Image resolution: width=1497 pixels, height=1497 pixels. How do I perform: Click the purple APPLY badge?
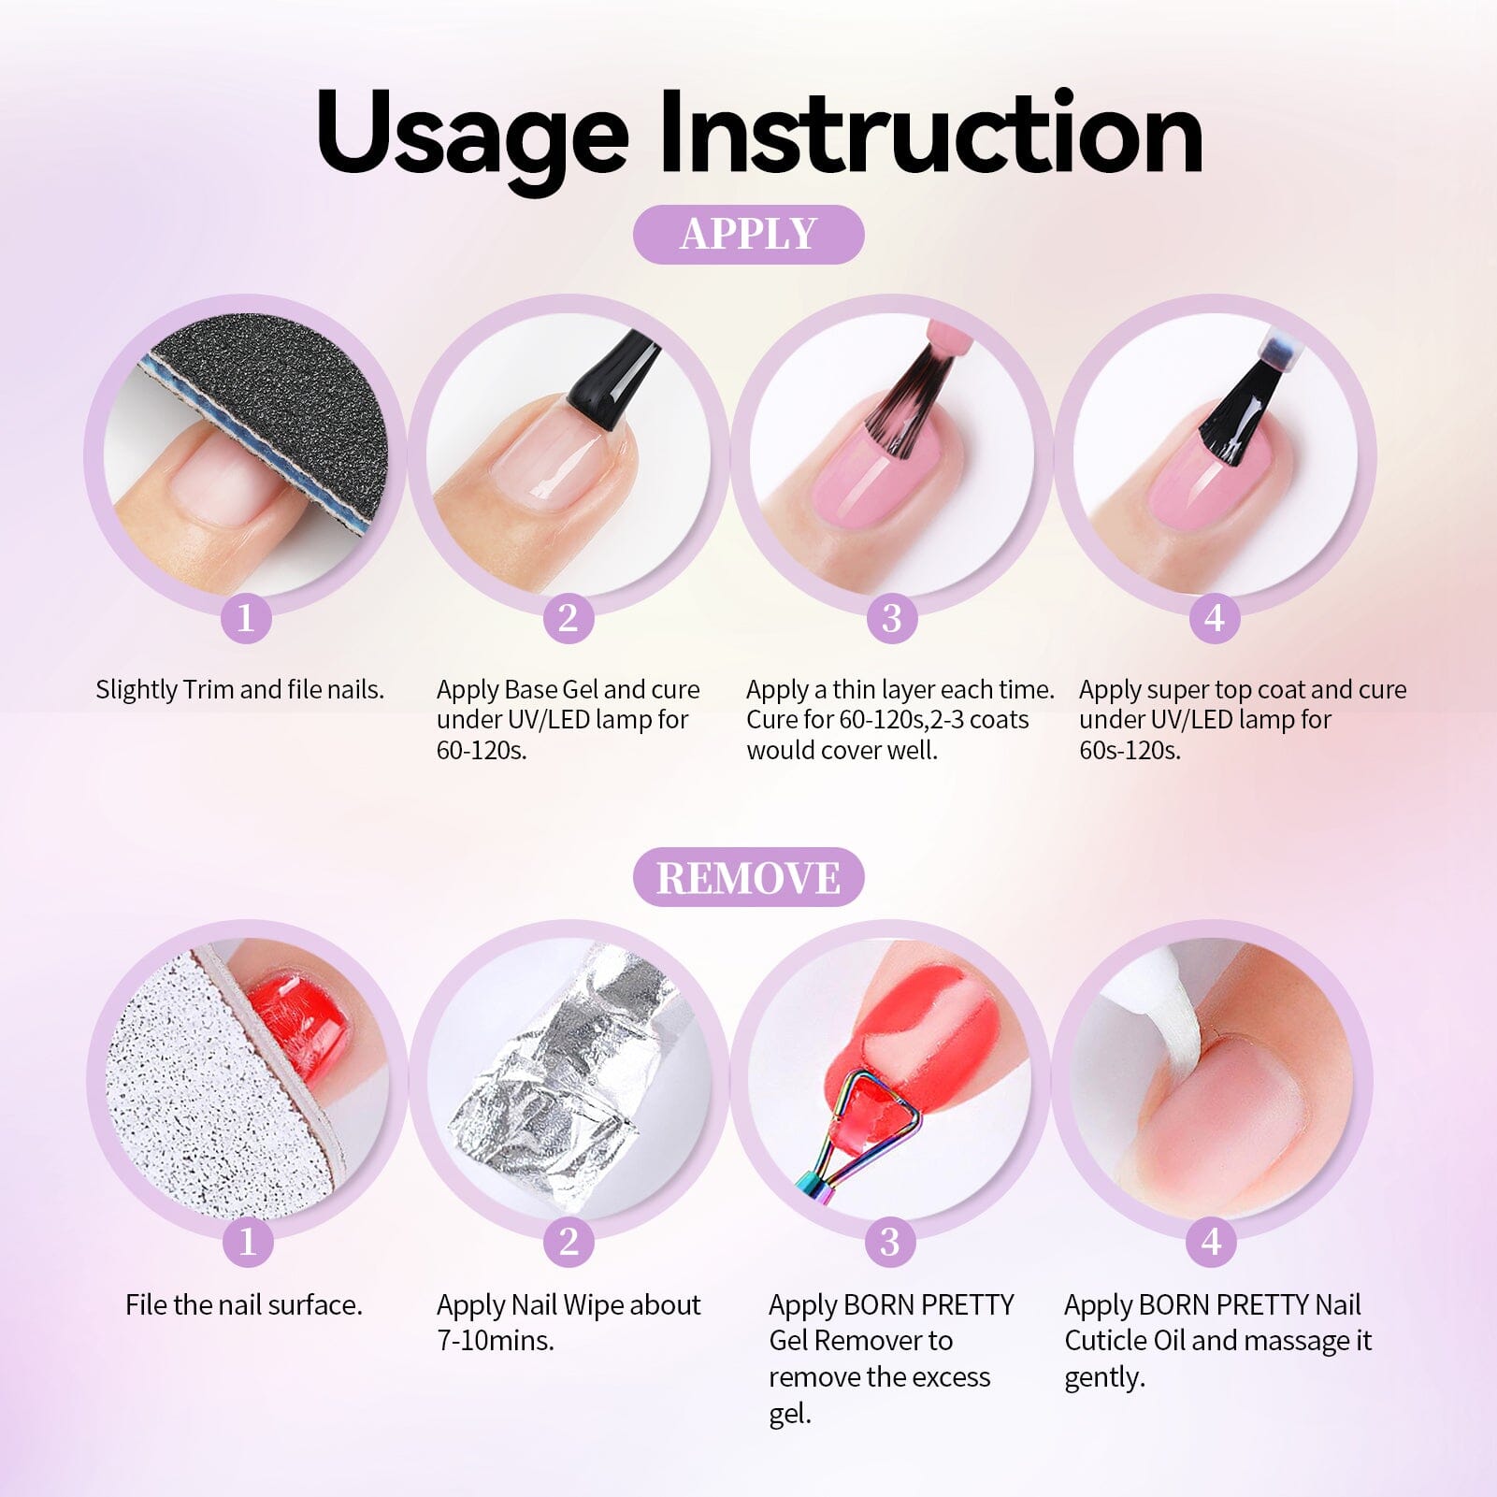pyautogui.click(x=748, y=234)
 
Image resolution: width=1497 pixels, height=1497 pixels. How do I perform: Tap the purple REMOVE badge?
pyautogui.click(x=748, y=877)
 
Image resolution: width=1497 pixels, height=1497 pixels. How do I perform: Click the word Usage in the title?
pyautogui.click(x=472, y=133)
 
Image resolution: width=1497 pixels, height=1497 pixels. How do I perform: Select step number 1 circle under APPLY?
pyautogui.click(x=246, y=618)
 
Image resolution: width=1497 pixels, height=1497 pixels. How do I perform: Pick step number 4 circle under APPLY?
pyautogui.click(x=1214, y=618)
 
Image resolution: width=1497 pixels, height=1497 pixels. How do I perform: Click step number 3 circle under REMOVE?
pyautogui.click(x=890, y=1242)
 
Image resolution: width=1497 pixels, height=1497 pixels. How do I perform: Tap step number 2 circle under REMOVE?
pyautogui.click(x=569, y=1242)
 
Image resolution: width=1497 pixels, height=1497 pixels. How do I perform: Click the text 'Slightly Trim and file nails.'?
pyautogui.click(x=240, y=690)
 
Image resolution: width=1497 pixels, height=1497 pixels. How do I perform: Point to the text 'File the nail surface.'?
pyautogui.click(x=244, y=1305)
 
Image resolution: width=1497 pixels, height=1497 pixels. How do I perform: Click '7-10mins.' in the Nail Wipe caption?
pyautogui.click(x=496, y=1341)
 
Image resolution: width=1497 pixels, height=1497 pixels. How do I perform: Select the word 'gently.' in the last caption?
pyautogui.click(x=1104, y=1377)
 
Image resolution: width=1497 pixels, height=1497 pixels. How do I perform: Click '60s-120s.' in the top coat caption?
pyautogui.click(x=1130, y=750)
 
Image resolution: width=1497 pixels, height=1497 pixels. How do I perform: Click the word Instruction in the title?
pyautogui.click(x=930, y=133)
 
